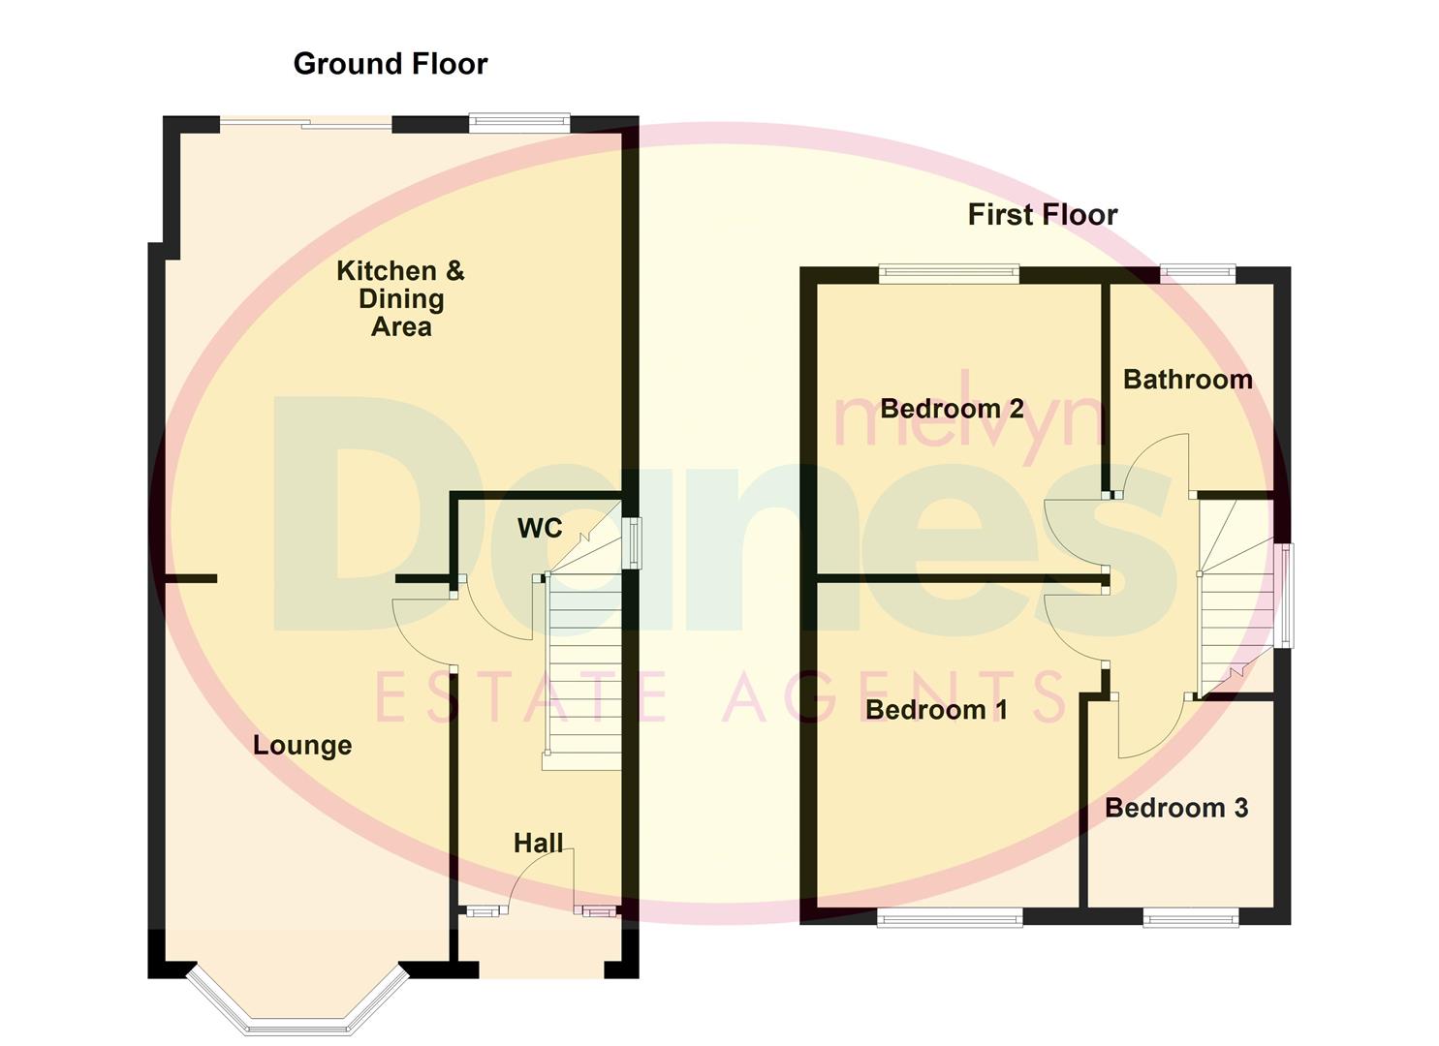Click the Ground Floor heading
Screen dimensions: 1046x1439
tap(390, 64)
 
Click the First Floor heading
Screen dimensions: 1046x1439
tap(1042, 215)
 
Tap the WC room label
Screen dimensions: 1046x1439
tap(540, 528)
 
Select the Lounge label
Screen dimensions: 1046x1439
tap(302, 746)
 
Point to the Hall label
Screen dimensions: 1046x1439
tap(538, 843)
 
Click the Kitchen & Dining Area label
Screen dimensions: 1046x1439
tap(400, 298)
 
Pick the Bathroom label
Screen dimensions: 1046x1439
tap(1187, 380)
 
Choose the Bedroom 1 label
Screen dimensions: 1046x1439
tap(936, 710)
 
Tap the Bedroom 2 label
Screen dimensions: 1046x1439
tap(952, 409)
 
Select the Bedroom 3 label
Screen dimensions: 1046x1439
tap(1175, 808)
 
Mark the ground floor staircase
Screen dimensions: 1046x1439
tap(582, 668)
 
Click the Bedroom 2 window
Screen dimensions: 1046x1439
tap(949, 275)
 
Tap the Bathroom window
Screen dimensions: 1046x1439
tap(1197, 275)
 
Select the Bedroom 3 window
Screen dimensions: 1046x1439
tap(1190, 916)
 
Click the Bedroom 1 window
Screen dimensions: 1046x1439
tap(950, 916)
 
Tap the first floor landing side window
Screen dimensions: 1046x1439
tap(1285, 596)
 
